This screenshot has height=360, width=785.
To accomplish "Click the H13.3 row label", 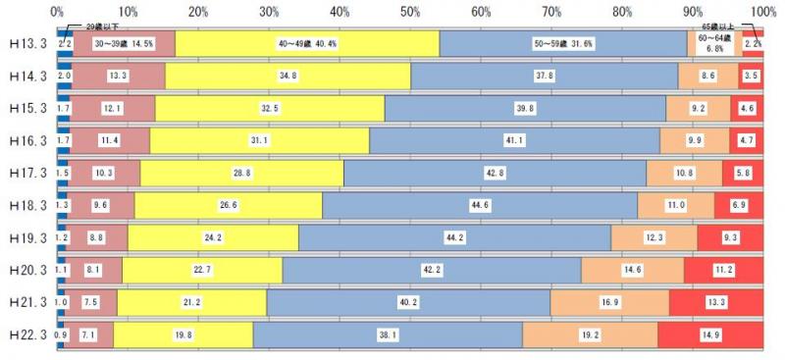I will (26, 45).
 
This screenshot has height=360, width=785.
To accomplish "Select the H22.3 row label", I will (26, 336).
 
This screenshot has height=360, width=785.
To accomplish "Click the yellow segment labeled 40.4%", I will (307, 45).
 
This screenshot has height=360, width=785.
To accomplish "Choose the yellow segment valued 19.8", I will (183, 336).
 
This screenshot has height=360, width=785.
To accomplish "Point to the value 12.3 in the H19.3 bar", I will (654, 238).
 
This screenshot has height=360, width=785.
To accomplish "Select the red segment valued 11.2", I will (723, 270).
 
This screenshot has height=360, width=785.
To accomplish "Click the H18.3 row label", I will (26, 207).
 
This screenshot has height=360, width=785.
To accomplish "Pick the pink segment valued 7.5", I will (90, 303).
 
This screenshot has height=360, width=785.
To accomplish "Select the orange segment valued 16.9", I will (609, 303).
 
